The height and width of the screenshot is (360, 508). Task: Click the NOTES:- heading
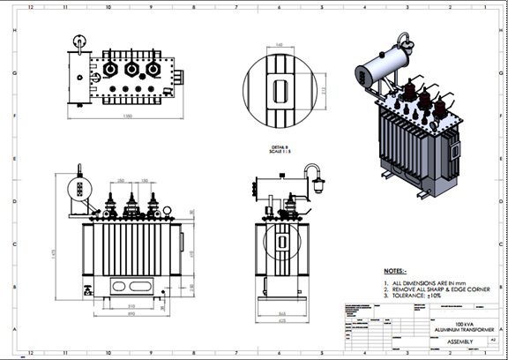pyautogui.click(x=395, y=270)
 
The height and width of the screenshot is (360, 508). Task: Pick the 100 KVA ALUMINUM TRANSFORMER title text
pyautogui.click(x=459, y=326)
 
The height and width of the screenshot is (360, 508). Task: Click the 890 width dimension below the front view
pyautogui.click(x=131, y=314)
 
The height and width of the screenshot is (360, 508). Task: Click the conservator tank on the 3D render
pyautogui.click(x=381, y=64)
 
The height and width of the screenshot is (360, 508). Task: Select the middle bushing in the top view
pyautogui.click(x=131, y=68)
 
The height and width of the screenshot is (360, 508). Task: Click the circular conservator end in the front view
pyautogui.click(x=77, y=191)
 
